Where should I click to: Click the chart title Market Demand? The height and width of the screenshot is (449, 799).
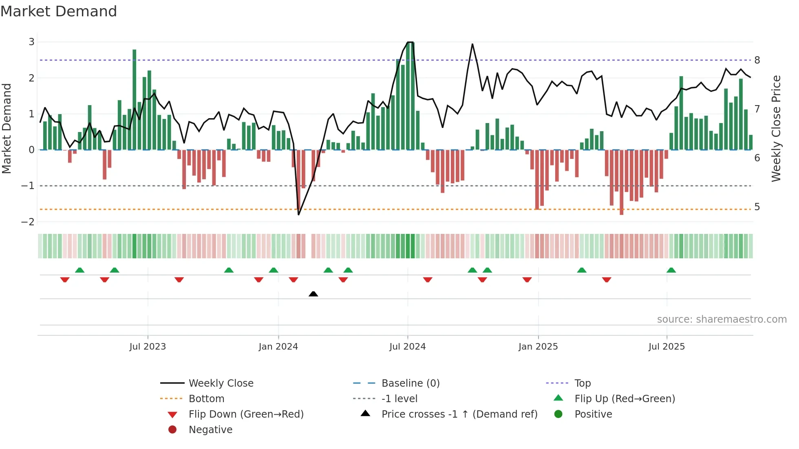click(x=59, y=11)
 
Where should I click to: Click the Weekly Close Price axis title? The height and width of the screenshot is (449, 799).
click(x=776, y=128)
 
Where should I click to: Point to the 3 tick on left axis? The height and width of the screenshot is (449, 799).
click(x=31, y=42)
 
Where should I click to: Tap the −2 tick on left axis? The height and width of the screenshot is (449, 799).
click(x=28, y=222)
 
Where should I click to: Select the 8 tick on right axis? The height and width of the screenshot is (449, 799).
click(x=757, y=60)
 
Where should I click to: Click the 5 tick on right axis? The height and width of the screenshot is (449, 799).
click(x=757, y=207)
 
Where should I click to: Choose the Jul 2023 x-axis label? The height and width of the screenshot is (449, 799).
click(x=148, y=347)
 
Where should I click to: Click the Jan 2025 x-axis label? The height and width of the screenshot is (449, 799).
click(x=538, y=347)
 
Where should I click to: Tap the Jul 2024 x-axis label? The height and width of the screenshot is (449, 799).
click(x=407, y=347)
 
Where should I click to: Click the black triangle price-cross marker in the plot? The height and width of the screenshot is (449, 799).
click(x=313, y=294)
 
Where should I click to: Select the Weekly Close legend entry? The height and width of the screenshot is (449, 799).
click(x=221, y=383)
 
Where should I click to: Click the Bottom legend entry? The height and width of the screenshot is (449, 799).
click(x=206, y=399)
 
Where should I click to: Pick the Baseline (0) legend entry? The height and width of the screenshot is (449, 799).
click(x=411, y=383)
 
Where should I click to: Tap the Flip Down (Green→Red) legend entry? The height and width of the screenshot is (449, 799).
click(x=246, y=414)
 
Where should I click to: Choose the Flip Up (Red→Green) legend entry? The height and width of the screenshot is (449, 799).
click(x=625, y=399)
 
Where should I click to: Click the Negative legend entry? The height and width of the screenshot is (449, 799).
click(x=210, y=430)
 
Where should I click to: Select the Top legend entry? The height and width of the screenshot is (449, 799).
click(x=583, y=383)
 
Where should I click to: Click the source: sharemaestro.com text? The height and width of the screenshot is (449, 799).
click(x=722, y=319)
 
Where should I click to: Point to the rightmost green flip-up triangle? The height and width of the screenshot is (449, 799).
click(x=671, y=270)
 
